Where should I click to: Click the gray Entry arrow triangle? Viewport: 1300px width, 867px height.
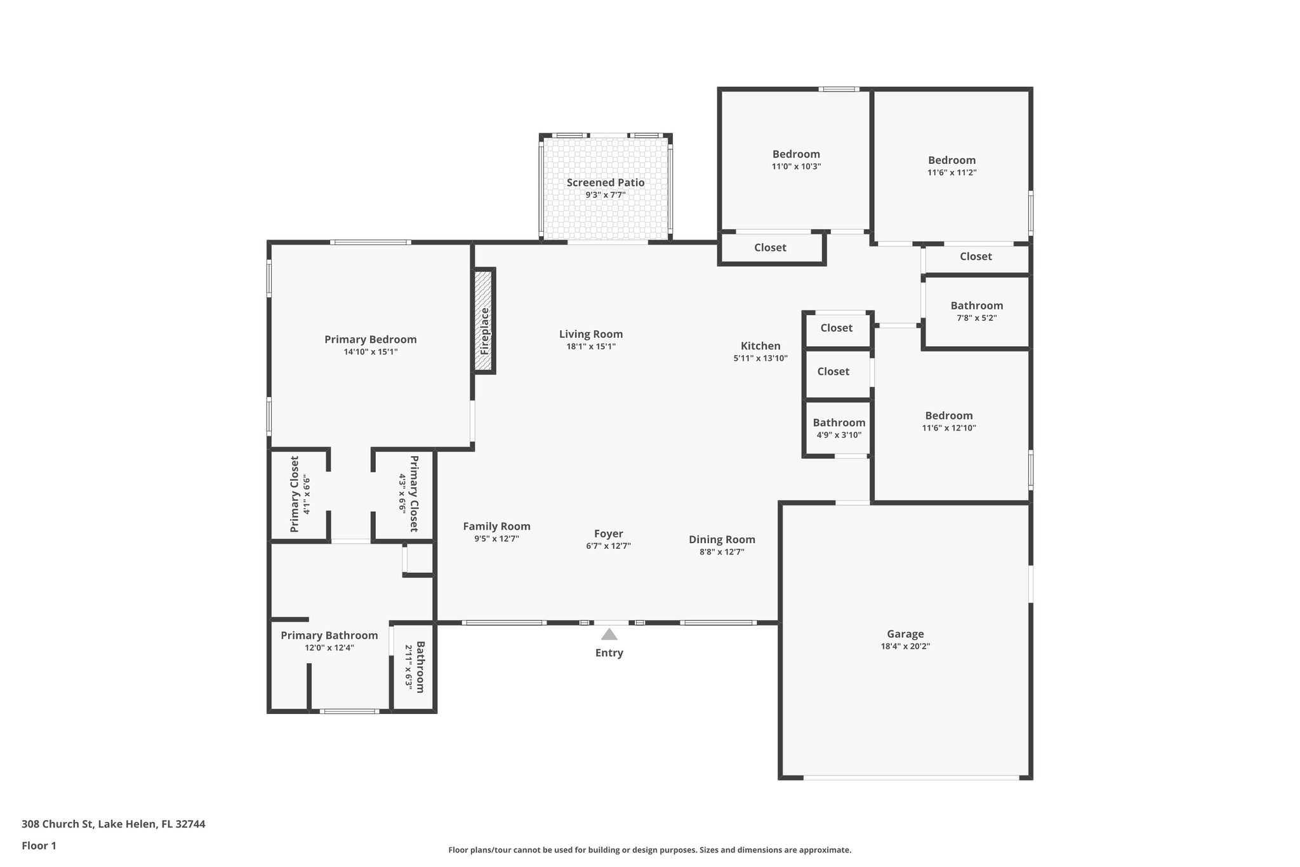(609, 634)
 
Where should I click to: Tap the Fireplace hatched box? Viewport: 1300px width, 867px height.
(484, 321)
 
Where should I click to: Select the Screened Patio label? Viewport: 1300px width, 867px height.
(605, 183)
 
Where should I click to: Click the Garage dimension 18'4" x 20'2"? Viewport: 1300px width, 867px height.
(905, 646)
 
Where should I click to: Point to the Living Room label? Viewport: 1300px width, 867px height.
(590, 334)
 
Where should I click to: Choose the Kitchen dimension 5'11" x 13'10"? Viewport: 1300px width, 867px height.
(760, 358)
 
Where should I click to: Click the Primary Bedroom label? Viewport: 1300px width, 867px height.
(370, 339)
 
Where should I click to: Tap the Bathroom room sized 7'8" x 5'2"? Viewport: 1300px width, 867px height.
(976, 311)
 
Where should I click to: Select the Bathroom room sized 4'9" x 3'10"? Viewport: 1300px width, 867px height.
(839, 428)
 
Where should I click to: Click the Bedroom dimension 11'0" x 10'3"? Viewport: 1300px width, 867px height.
(796, 166)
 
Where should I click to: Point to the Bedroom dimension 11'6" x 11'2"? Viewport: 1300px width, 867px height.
(952, 172)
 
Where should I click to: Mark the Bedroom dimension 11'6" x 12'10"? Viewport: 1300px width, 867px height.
(948, 428)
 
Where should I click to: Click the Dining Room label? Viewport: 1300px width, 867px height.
(722, 539)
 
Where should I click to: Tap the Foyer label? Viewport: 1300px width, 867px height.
(608, 534)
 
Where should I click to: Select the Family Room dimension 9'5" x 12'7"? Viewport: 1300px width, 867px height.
(496, 539)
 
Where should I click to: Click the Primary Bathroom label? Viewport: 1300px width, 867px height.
(329, 635)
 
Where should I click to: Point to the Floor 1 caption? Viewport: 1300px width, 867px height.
(39, 845)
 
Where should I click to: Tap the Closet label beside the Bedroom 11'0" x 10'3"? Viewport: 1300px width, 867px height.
(770, 248)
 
